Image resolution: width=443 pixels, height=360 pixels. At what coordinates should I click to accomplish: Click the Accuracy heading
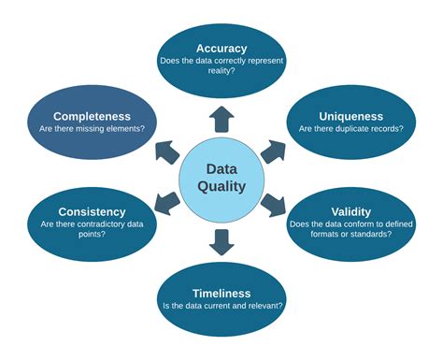221,48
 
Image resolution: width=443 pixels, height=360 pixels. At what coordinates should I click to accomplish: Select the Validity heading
351,211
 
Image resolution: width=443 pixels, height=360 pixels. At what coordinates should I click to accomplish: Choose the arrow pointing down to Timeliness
221,241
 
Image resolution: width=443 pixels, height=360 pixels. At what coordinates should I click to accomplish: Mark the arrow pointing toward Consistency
168,200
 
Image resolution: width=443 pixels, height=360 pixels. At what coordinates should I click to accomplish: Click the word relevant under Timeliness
264,306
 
